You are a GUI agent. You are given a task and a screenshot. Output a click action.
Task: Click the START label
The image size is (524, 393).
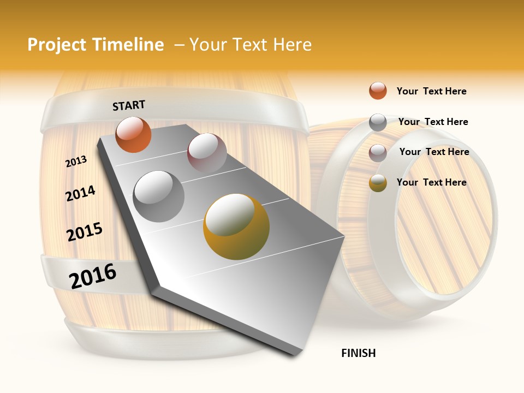(x=129, y=105)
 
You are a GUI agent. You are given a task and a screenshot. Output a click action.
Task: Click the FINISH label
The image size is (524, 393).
(x=359, y=353)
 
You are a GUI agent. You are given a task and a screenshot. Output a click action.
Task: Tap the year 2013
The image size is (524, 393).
(x=76, y=162)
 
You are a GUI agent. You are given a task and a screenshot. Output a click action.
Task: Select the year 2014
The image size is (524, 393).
(x=80, y=193)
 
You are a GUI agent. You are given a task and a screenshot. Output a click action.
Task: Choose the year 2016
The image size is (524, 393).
(x=93, y=276)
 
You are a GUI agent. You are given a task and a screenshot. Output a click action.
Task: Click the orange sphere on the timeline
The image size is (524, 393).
(x=133, y=135)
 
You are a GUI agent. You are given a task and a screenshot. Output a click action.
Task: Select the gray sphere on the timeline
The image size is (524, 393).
(x=159, y=196)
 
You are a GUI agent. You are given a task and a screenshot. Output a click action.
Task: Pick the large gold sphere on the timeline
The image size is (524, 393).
(x=236, y=227)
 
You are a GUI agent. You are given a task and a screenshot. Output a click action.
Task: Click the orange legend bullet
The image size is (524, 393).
(x=378, y=91)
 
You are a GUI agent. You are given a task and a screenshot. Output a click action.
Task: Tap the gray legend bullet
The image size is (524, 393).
(x=378, y=122)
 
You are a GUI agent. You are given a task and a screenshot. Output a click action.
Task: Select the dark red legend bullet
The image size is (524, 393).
(x=378, y=153)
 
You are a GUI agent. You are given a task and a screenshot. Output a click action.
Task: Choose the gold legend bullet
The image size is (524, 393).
(x=378, y=183)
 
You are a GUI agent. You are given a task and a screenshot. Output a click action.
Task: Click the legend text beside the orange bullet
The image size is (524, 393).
(x=431, y=91)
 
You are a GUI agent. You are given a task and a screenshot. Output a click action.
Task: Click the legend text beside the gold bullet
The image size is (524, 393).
(x=431, y=182)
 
